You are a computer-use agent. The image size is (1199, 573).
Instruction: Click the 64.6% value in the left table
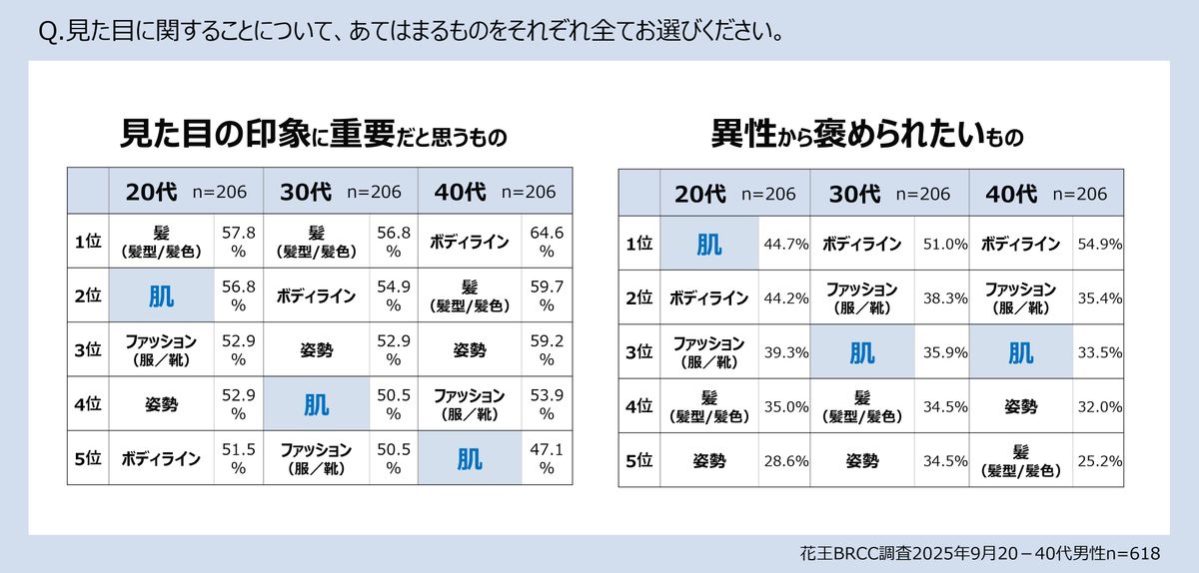[x=547, y=242]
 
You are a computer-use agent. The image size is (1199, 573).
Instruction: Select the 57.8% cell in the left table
[x=239, y=242]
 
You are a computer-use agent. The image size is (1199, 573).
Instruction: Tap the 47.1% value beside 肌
[x=547, y=458]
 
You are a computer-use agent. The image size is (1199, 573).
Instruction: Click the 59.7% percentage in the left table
[x=547, y=295]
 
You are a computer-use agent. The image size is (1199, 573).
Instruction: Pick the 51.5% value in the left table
[x=239, y=458]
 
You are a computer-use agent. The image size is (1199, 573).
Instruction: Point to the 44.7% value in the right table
[x=784, y=244]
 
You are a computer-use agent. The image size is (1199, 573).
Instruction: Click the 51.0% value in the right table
[x=943, y=244]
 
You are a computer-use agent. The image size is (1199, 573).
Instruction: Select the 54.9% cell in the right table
[x=1099, y=244]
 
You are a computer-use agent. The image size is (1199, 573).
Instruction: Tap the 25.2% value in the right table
[x=1099, y=460]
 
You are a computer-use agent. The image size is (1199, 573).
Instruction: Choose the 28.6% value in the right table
[x=784, y=460]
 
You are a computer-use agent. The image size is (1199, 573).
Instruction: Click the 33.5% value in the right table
[x=1099, y=351]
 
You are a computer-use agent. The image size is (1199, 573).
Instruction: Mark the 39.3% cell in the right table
[x=784, y=351]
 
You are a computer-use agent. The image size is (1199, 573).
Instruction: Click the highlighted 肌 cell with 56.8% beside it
[x=161, y=295]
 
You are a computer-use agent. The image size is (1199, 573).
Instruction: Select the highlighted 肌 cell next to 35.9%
[x=861, y=351]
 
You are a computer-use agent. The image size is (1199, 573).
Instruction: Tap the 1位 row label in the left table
[x=88, y=242]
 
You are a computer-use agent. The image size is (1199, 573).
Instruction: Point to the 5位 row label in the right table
[x=638, y=460]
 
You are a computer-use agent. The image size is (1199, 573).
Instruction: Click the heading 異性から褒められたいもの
[x=866, y=133]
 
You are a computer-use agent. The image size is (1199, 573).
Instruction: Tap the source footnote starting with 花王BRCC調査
[x=979, y=552]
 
